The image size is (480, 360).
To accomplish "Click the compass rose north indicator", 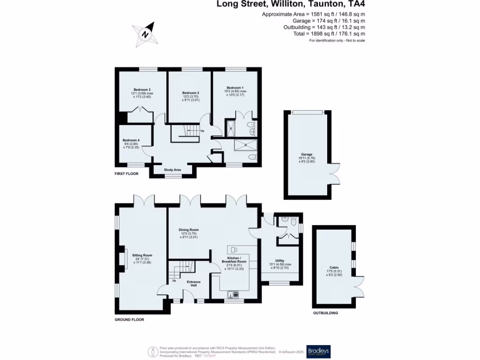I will coord(146,34).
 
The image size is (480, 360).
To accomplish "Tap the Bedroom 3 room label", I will coord(142,90).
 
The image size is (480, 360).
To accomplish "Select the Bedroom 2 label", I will coord(191,93).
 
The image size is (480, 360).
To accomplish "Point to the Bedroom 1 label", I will coord(235,88).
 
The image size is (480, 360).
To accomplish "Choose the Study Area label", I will coord(172,170).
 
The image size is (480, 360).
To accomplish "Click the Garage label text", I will coord(307,154).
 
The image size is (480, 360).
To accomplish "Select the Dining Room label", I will coord(189,230).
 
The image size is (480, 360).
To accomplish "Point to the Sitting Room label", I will coord(142,255).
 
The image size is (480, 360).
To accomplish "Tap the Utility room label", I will coord(280,261).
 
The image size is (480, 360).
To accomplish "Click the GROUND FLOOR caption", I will coord(129,320).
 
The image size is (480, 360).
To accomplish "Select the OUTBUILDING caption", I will coord(325,313).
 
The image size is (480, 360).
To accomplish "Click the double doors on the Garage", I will coord(334,172).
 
